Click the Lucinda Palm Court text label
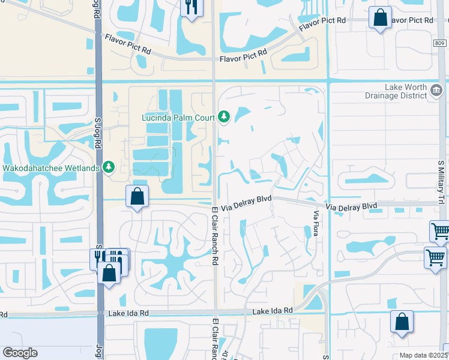click(177, 117)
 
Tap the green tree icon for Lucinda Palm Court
click(224, 116)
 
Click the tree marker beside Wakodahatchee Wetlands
click(109, 166)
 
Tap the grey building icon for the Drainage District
click(437, 91)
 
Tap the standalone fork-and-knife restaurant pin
click(191, 7)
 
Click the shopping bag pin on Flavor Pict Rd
click(380, 17)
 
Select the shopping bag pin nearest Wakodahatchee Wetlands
click(137, 196)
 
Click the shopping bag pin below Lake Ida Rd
click(402, 321)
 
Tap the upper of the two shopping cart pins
click(440, 230)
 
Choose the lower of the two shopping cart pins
click(435, 257)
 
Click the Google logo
click(20, 353)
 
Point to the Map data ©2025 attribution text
click(423, 355)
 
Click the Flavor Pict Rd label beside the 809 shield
click(411, 20)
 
